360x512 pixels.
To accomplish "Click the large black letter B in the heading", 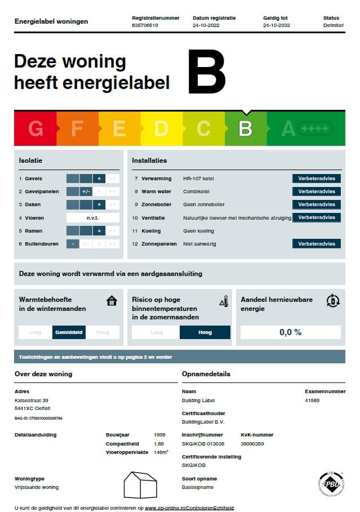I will tap(207, 72).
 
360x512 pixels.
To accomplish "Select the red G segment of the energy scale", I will tap(35, 129).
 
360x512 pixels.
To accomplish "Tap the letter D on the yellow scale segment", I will tap(161, 129).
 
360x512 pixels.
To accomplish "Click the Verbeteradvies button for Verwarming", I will tap(317, 179).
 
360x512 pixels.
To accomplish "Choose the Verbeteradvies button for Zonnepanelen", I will tap(317, 244).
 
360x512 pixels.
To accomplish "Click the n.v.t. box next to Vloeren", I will tap(92, 218).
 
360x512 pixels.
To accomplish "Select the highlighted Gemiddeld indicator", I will tap(69, 332).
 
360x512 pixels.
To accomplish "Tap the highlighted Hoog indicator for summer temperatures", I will tap(205, 332).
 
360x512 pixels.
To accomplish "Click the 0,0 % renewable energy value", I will tap(290, 332).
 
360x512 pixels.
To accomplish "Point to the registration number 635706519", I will tap(145, 25).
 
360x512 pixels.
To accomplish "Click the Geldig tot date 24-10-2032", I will tap(276, 25).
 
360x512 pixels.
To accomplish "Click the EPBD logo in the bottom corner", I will tap(331, 484).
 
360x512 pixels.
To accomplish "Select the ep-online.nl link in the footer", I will tap(189, 507).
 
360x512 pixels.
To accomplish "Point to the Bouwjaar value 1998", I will tap(160, 435).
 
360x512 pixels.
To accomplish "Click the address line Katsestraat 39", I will tap(32, 400).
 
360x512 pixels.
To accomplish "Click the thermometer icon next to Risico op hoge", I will tap(223, 301).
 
